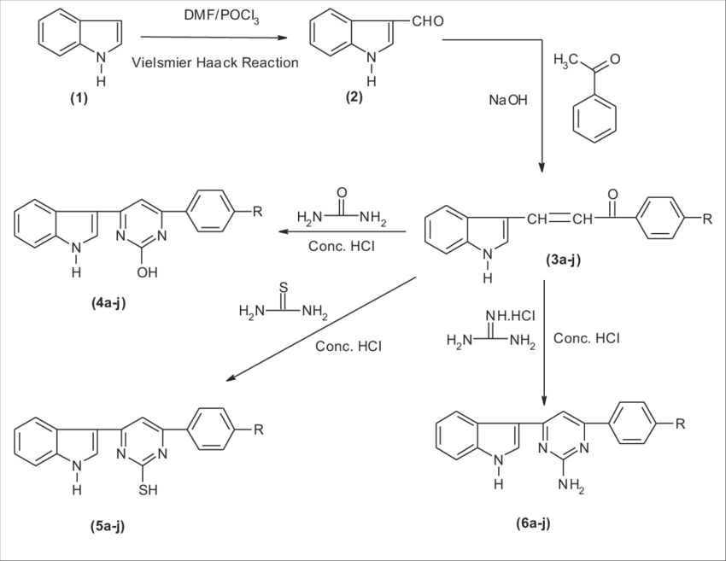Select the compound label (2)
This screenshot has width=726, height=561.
point(354,97)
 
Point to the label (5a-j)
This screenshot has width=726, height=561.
point(108,526)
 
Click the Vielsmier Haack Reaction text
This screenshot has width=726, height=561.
point(216,62)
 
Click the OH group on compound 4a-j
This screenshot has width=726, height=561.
point(146,274)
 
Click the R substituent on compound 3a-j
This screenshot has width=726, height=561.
point(706,219)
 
